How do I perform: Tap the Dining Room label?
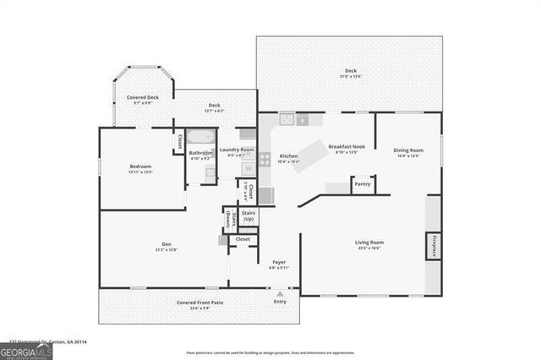point(408,150)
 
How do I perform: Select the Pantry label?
point(363,183)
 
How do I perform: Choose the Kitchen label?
point(288,156)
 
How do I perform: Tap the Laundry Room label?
point(237,150)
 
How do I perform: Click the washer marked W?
point(249,168)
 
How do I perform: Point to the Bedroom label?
point(140,166)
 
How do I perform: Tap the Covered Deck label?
point(143,97)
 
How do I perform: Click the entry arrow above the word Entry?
point(280,293)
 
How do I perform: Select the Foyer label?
point(279,262)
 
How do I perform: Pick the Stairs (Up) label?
point(249,217)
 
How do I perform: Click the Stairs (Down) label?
point(228,220)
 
